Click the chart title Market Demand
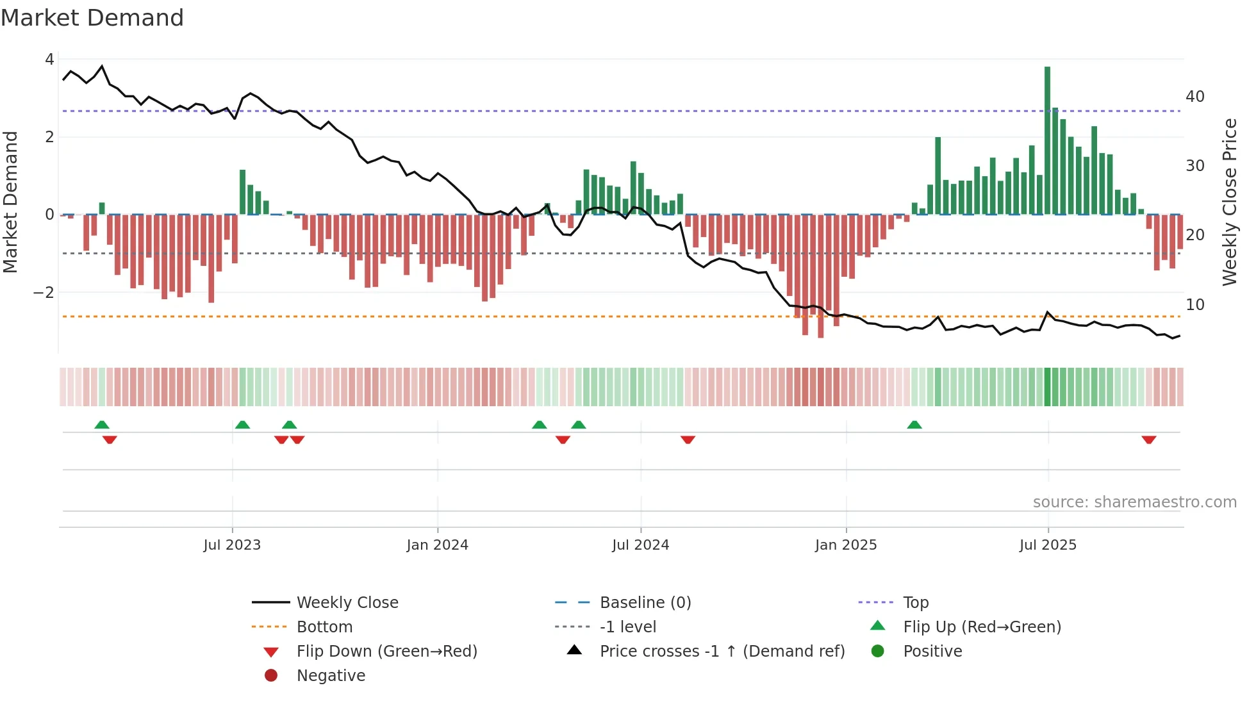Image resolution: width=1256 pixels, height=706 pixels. coord(92,18)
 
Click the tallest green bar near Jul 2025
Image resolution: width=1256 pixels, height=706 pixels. coord(1047,141)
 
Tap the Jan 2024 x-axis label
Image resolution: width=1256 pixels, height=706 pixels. coord(437,545)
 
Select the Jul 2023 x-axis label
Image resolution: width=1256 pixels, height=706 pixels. coord(232,545)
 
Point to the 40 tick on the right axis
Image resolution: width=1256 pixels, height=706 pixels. coord(1194,97)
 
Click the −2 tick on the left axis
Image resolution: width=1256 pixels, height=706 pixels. coord(44,293)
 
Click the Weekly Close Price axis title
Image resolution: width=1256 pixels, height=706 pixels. coord(1229,202)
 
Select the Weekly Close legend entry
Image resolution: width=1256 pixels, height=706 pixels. coord(347,603)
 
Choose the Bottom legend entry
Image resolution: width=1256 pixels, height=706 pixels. coord(324,627)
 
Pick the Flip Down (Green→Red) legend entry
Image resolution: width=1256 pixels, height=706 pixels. coord(386,652)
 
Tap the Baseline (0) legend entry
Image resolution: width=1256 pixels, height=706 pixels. coord(645,603)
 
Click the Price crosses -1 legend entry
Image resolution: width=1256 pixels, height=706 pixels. coord(722,652)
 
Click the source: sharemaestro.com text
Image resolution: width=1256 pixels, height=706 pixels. coord(1134,502)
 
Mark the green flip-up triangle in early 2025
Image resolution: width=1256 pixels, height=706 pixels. coord(914,425)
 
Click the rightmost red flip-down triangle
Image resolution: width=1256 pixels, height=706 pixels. coord(1148,439)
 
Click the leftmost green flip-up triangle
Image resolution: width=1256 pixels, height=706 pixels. coord(102,425)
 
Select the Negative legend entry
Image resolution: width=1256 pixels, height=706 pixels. coord(331,676)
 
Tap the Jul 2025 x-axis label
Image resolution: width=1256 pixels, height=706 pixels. coord(1048,545)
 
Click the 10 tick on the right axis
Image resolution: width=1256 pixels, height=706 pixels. coord(1194,305)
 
